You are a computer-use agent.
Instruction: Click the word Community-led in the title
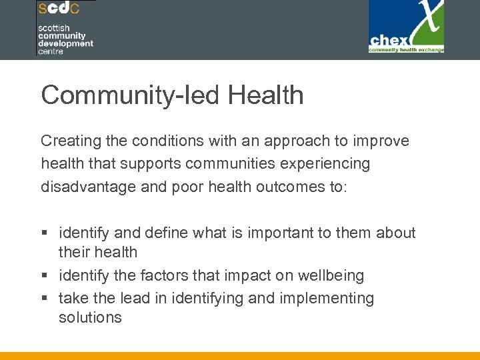(x=131, y=95)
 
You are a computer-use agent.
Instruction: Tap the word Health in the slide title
(x=265, y=95)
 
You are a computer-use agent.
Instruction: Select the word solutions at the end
(x=90, y=317)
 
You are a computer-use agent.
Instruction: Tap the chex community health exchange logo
(x=407, y=27)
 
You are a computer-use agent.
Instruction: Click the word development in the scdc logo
(x=65, y=43)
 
